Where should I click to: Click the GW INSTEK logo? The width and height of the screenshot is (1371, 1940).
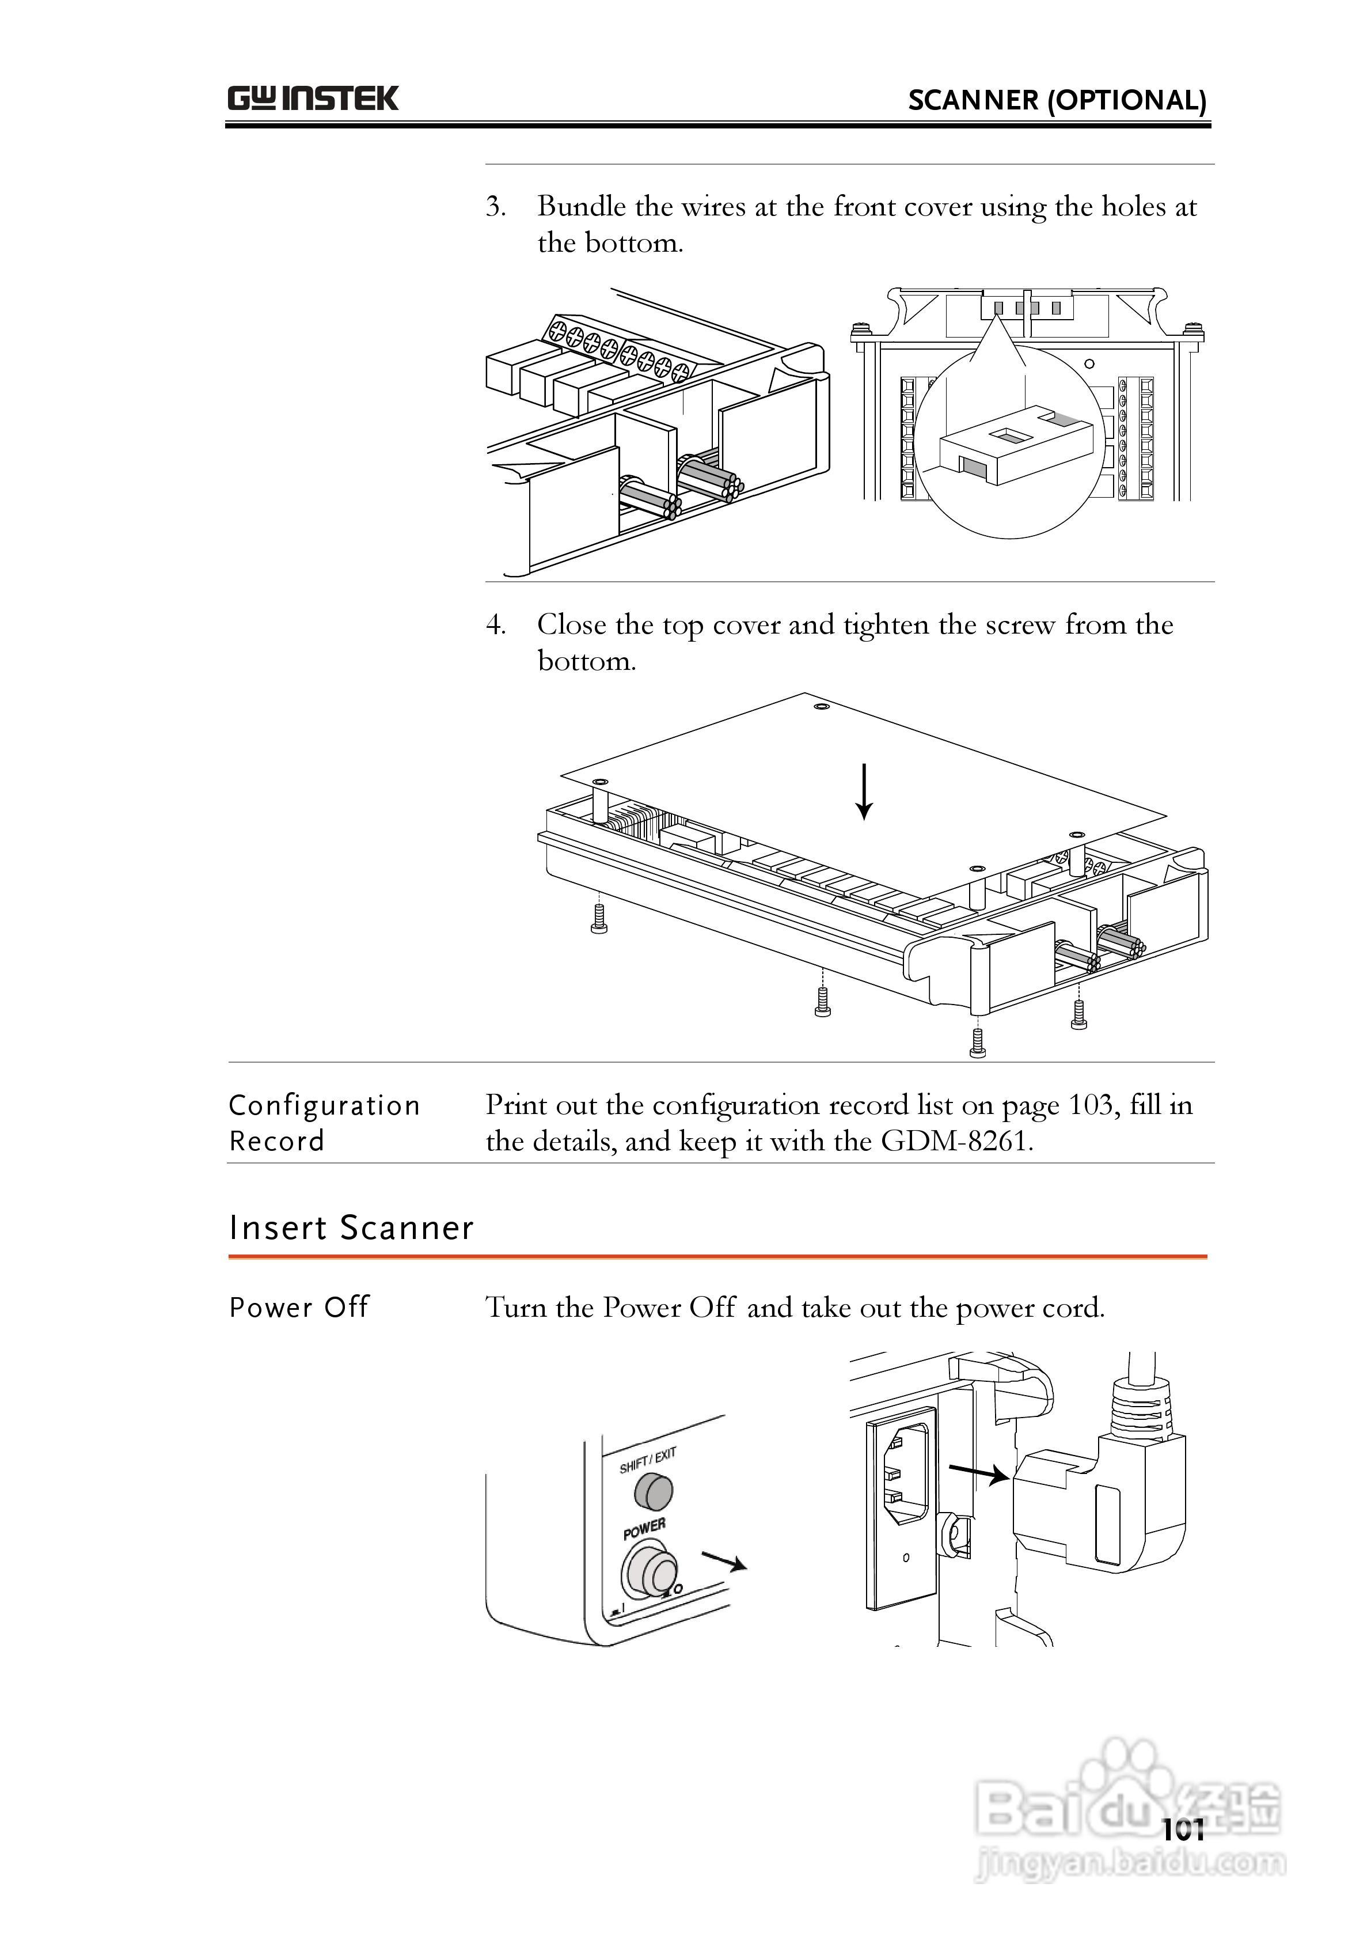coord(313,99)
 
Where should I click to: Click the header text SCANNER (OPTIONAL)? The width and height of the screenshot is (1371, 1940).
coord(1057,101)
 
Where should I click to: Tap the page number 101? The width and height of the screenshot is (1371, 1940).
coord(1183,1830)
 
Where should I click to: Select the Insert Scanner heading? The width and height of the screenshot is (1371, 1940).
coord(351,1227)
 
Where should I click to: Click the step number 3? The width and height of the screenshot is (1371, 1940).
coord(495,207)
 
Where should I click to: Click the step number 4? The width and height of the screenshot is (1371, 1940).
coord(495,626)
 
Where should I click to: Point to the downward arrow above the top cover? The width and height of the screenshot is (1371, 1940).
coord(863,791)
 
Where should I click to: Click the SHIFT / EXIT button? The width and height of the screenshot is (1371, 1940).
coord(653,1491)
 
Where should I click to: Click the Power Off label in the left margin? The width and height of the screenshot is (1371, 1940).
coord(299,1307)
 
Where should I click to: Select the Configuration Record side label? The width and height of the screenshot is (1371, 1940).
coord(324,1123)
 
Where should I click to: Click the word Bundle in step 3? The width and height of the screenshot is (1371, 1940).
coord(582,207)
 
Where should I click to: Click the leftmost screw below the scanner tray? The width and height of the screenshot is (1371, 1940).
coord(599,919)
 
